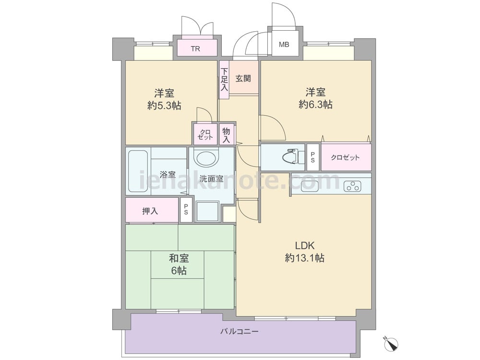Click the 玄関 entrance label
[x=243, y=78]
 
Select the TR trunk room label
[x=195, y=48]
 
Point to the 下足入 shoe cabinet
[x=224, y=80]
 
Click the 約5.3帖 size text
[x=164, y=106]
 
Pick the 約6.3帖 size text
[x=315, y=105]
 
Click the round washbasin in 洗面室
[x=207, y=158]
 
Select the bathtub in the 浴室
[x=138, y=171]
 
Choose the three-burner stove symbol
[x=352, y=186]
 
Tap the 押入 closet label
[x=150, y=211]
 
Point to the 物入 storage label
[x=226, y=135]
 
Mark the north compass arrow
[x=391, y=344]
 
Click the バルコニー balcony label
[x=240, y=332]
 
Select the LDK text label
[x=305, y=245]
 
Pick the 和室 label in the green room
[x=179, y=258]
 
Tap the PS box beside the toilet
[x=313, y=157]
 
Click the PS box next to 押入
[x=186, y=210]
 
